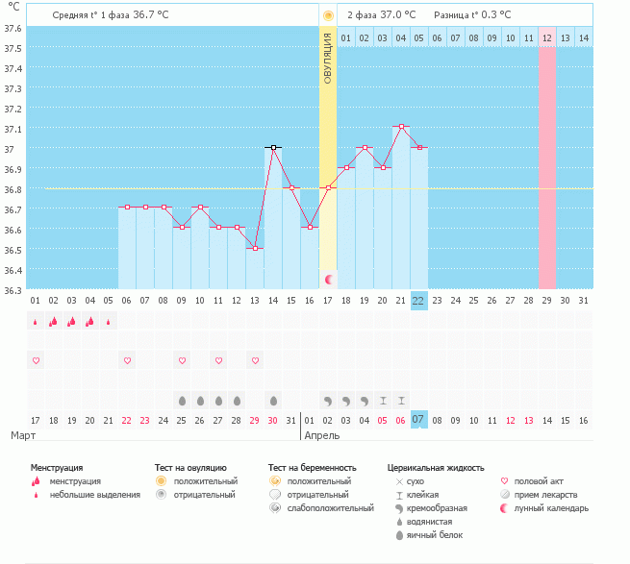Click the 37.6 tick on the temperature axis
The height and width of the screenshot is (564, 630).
(13, 28)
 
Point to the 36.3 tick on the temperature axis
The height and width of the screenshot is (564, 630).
(13, 289)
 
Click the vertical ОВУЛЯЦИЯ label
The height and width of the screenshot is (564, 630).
(328, 58)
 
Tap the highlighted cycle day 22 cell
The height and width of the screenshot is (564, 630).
(418, 300)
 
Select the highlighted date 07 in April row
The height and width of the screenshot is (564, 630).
(418, 420)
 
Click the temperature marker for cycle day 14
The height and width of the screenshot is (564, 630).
(274, 148)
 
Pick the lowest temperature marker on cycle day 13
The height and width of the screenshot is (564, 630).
(255, 248)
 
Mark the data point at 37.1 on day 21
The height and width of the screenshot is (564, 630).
(401, 127)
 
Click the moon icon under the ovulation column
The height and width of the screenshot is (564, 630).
(329, 279)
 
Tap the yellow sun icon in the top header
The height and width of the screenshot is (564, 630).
(328, 15)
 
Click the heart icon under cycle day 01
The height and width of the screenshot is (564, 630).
(36, 360)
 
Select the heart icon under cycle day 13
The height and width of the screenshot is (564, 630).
(255, 360)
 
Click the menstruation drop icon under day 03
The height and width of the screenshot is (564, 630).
(72, 322)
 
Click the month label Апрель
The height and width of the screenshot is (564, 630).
(321, 435)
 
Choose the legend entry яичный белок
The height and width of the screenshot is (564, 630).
(435, 535)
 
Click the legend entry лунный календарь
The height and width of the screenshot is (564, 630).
(552, 508)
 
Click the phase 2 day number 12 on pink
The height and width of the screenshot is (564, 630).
(546, 37)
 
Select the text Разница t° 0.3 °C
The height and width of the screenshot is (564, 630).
(471, 15)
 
